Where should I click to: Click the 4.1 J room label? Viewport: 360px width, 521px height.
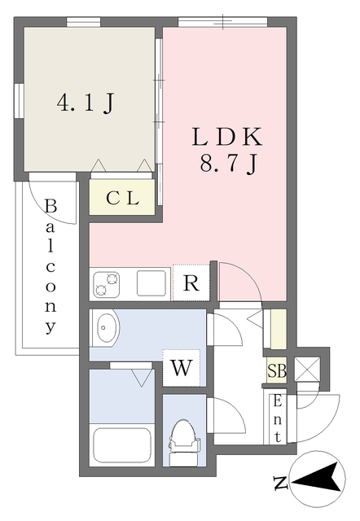(x=85, y=103)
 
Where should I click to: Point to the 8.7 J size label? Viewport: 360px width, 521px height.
(x=230, y=165)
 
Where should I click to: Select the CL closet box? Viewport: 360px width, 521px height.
(x=122, y=197)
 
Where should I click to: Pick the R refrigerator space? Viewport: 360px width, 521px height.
(x=191, y=284)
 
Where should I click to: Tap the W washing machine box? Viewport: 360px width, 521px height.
(x=181, y=369)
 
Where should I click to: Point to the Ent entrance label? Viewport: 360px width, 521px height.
(x=278, y=418)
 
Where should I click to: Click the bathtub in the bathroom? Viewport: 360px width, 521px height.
(x=121, y=445)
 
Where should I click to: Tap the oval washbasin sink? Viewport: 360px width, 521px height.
(x=107, y=331)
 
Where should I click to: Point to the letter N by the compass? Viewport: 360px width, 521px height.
(x=280, y=484)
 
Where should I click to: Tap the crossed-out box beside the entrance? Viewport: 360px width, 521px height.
(x=309, y=366)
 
